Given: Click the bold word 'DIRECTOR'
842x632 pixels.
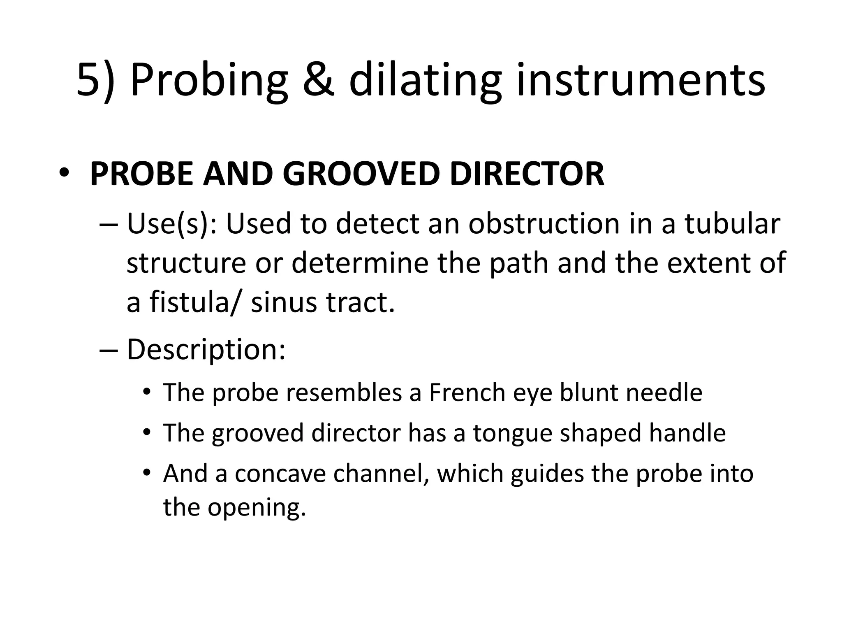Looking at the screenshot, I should click(x=527, y=174).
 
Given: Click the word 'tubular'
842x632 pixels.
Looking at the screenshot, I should click(x=732, y=224).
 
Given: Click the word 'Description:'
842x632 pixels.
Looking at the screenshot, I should click(x=206, y=349).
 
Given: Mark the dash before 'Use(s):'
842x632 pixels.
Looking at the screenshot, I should click(x=109, y=225).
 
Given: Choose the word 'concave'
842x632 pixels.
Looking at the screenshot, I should click(x=280, y=474).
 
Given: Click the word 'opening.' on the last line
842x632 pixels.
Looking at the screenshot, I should click(x=257, y=507).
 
